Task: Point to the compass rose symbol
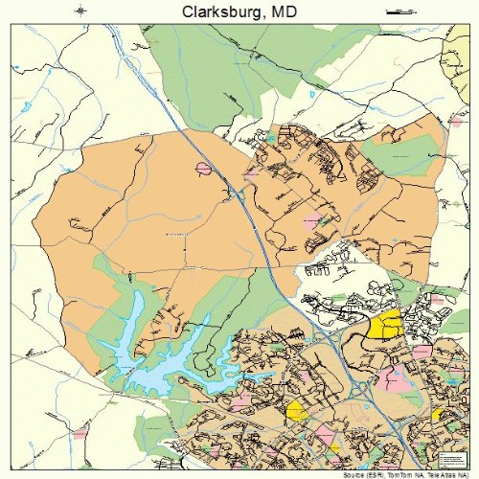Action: tap(82, 11)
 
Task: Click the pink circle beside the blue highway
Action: tap(203, 169)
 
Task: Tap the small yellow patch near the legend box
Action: tap(439, 414)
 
